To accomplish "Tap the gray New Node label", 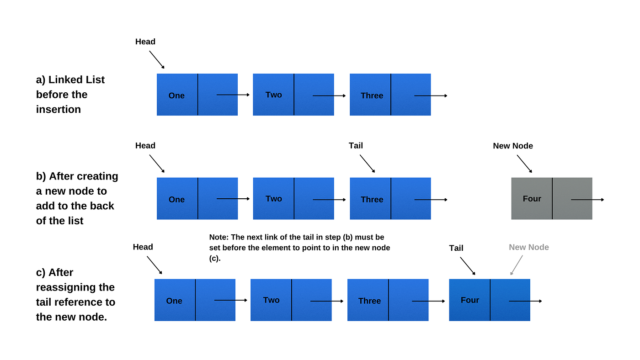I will click(528, 247).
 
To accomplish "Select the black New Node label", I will click(512, 146).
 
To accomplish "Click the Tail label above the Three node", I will click(356, 145).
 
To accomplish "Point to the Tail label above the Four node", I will click(456, 248).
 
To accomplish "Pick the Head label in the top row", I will click(145, 42).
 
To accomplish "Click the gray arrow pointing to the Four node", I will click(517, 265).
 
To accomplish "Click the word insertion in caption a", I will click(59, 109).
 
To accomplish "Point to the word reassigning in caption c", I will click(75, 287).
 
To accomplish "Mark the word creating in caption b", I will click(97, 176).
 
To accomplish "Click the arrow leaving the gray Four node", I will click(587, 200).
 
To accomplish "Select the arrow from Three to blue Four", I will click(428, 301).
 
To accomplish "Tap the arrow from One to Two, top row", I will click(233, 95).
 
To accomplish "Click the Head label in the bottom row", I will click(143, 247).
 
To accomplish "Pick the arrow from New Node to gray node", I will click(524, 164).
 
